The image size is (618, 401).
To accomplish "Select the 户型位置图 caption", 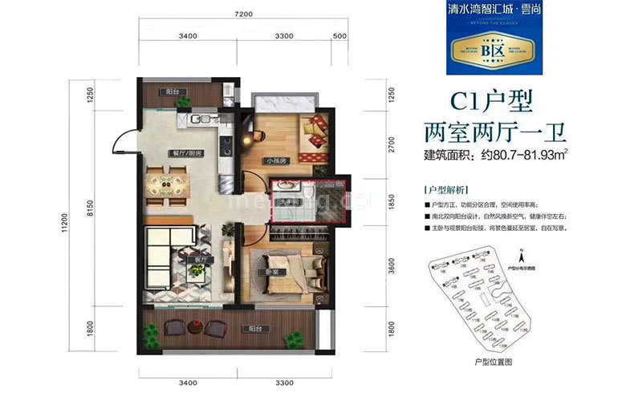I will (x=493, y=362).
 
